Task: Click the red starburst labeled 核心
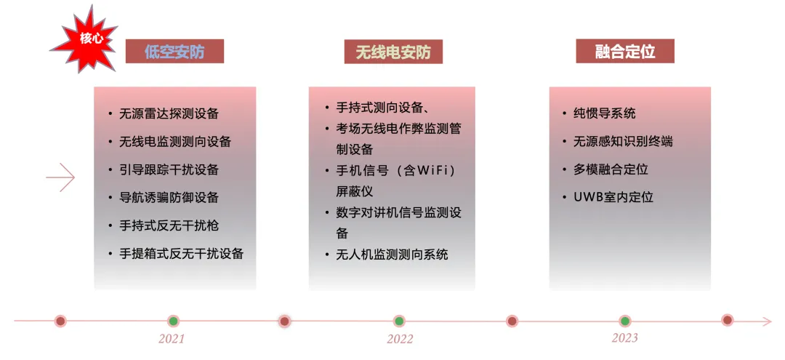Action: [x=85, y=39]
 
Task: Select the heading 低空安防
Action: [x=174, y=52]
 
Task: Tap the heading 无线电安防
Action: [x=393, y=52]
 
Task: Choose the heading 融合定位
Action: [x=625, y=52]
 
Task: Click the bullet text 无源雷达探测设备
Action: [x=169, y=113]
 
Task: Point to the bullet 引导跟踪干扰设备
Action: [x=169, y=169]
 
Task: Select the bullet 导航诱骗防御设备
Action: [x=169, y=197]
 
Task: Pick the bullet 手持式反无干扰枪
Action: [x=169, y=225]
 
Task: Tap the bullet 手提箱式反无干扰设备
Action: [x=182, y=254]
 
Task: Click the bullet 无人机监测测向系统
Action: [x=392, y=254]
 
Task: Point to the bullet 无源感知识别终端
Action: [x=623, y=141]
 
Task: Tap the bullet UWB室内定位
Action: [x=613, y=197]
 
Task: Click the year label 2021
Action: [x=172, y=339]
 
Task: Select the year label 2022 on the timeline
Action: [x=400, y=339]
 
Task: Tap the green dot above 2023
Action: [x=624, y=321]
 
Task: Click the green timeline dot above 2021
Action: [x=173, y=321]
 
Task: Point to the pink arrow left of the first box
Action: [x=61, y=177]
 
